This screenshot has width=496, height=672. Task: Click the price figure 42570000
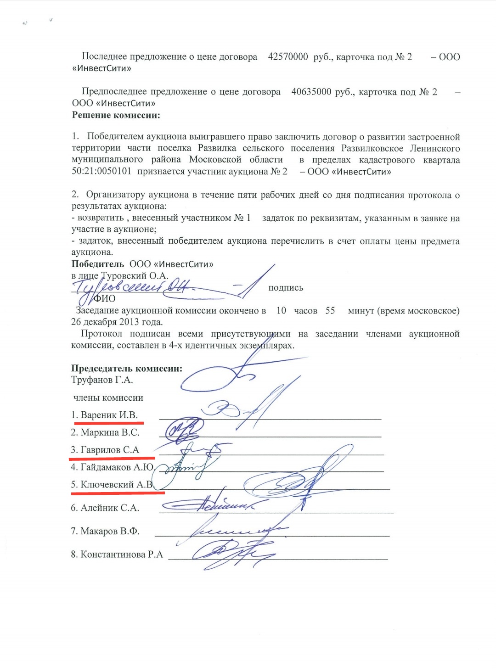tap(288, 57)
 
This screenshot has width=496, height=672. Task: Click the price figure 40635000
tap(311, 92)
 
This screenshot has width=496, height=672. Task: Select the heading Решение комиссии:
tap(116, 115)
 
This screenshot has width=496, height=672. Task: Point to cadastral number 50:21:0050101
tap(101, 172)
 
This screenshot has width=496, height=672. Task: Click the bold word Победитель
tap(97, 264)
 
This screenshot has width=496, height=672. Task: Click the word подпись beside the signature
tap(286, 288)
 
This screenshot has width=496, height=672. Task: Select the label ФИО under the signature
tap(105, 299)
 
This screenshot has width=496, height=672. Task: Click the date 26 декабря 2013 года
tap(117, 322)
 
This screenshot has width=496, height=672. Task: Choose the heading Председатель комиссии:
tap(127, 369)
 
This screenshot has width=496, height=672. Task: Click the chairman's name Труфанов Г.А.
tap(102, 380)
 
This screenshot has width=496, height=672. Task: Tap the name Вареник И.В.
tap(109, 415)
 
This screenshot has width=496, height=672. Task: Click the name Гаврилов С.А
tap(110, 450)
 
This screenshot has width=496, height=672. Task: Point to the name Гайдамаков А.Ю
tap(117, 467)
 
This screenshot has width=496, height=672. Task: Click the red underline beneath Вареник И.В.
tap(109, 422)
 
